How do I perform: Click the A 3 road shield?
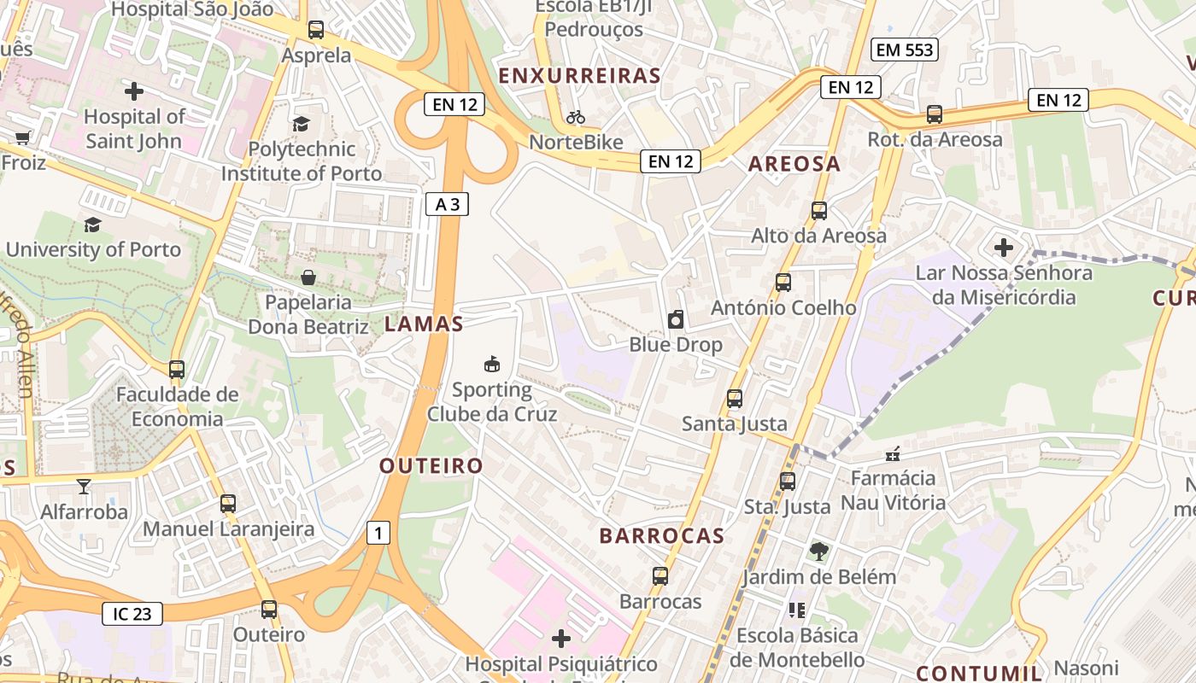(447, 204)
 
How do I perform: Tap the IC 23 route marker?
(132, 613)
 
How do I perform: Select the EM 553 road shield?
(906, 50)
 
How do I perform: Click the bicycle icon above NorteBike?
(576, 117)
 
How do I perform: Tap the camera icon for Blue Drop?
(676, 319)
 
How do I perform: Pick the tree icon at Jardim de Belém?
(819, 552)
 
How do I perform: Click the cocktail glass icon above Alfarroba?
(83, 487)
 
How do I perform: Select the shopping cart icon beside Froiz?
(22, 137)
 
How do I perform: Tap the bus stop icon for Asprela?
(316, 30)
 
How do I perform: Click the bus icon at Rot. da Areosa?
(935, 114)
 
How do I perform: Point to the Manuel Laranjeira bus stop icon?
(227, 504)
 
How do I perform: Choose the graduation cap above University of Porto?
(92, 225)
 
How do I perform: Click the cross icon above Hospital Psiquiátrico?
(561, 639)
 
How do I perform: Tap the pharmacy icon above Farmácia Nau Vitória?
(893, 453)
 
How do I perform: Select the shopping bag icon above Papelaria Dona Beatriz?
(308, 277)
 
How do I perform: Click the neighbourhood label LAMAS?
(424, 324)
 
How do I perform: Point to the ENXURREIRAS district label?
(579, 76)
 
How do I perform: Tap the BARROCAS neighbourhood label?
(662, 536)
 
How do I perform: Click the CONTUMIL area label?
(979, 672)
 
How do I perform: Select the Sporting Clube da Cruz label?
(492, 402)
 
